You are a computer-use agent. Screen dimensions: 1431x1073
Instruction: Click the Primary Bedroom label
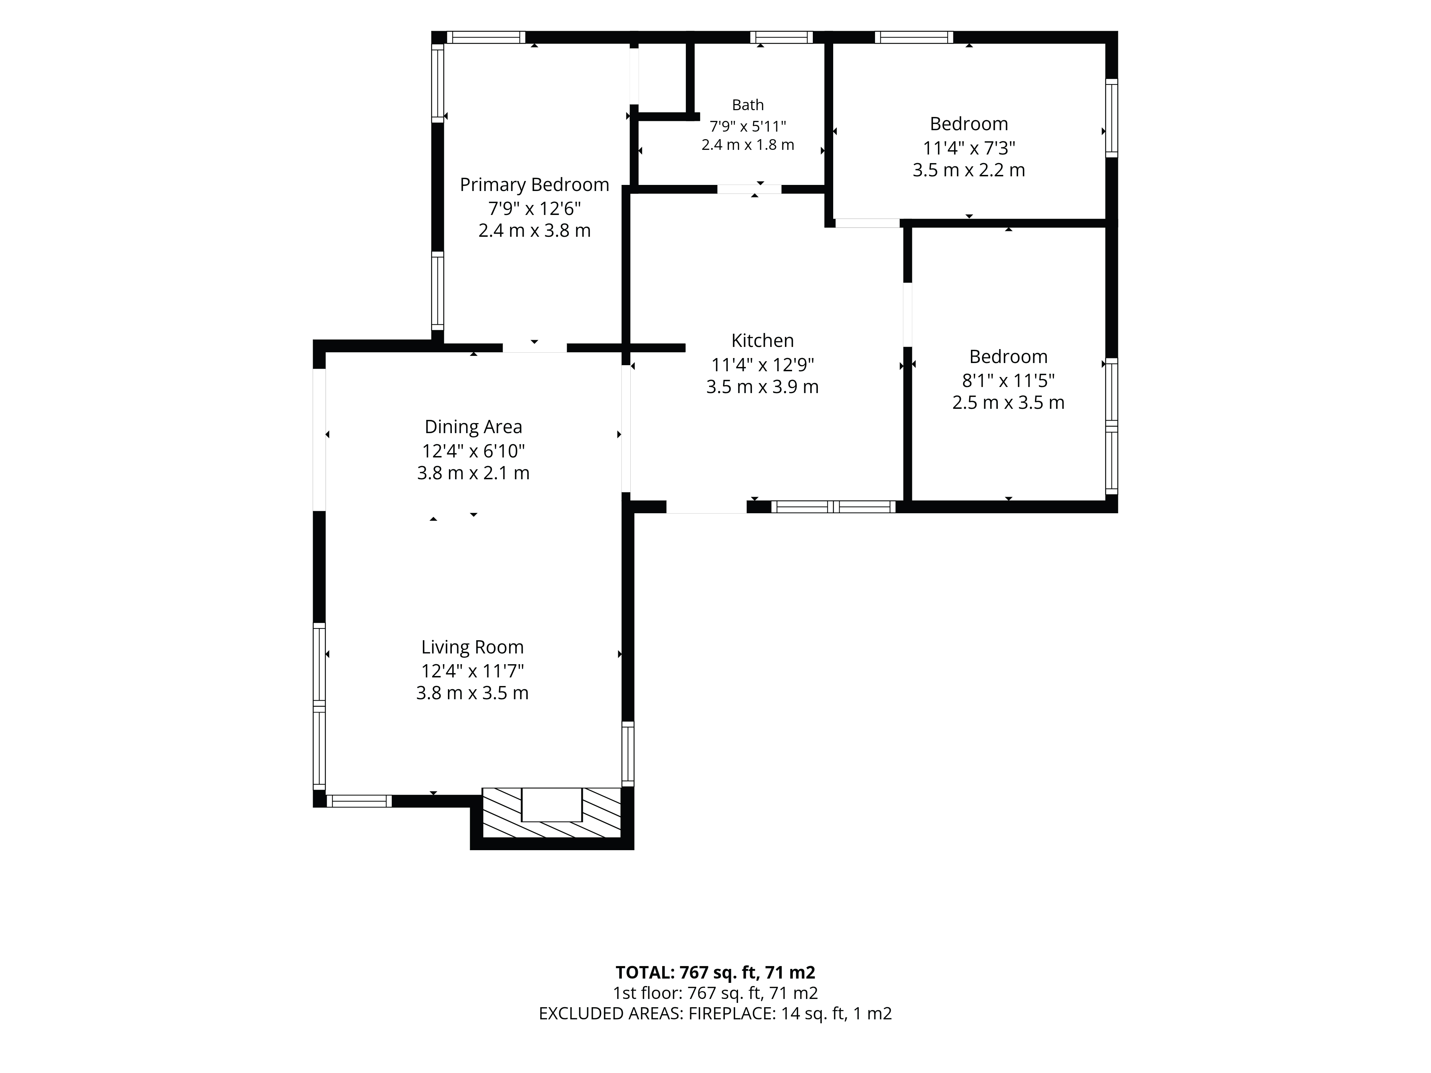click(534, 185)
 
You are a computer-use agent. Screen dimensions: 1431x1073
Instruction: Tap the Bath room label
click(748, 105)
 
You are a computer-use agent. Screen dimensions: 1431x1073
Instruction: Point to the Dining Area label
click(473, 427)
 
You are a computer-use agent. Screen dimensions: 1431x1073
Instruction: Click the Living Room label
click(472, 647)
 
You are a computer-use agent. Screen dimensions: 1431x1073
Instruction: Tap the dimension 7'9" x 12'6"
click(534, 208)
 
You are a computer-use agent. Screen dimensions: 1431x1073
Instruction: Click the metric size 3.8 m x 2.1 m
click(473, 473)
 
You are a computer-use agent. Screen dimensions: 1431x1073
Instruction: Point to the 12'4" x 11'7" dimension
click(472, 671)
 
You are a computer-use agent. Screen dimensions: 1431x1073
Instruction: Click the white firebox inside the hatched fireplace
click(552, 805)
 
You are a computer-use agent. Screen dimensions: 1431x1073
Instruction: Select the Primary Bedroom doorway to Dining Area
click(534, 348)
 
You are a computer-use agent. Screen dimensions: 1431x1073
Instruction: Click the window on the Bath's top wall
click(781, 37)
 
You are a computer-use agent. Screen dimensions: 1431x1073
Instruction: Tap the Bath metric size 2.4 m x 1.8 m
click(748, 145)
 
